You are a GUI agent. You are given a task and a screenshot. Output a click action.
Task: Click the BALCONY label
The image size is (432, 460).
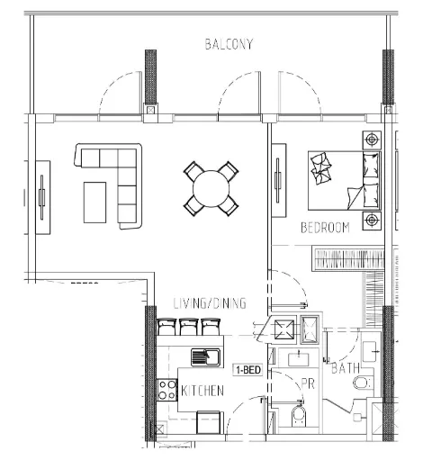[x=229, y=44]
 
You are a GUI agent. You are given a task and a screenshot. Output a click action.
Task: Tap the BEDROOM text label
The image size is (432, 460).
[x=324, y=228]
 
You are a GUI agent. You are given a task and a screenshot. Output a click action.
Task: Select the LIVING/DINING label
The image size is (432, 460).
[x=210, y=303]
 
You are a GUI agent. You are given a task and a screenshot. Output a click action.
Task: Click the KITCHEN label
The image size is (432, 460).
[x=202, y=391]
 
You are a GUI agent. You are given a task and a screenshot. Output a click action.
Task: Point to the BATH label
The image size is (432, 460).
[x=346, y=369]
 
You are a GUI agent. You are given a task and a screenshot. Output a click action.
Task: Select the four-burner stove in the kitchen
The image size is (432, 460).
[x=166, y=390]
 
